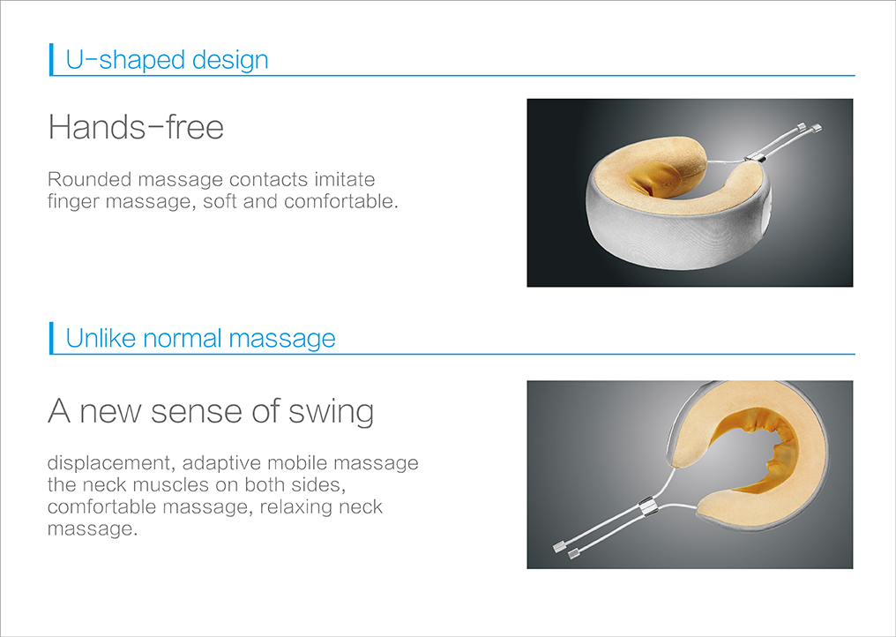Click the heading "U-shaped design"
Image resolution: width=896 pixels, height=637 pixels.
(167, 60)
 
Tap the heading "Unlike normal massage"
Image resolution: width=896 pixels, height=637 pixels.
(200, 338)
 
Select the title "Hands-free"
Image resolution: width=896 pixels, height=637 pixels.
(136, 126)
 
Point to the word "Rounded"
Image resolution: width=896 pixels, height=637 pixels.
(90, 179)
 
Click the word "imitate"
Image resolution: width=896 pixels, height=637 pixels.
(345, 179)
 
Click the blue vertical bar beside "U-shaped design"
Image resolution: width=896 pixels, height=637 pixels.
(51, 59)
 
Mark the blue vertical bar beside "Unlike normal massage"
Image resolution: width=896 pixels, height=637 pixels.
(51, 338)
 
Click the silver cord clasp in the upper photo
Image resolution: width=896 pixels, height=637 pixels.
(756, 155)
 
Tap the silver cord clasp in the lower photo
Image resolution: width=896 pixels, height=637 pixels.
(647, 506)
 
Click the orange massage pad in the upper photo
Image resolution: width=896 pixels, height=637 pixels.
(655, 177)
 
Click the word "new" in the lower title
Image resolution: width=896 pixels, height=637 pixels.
(110, 412)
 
